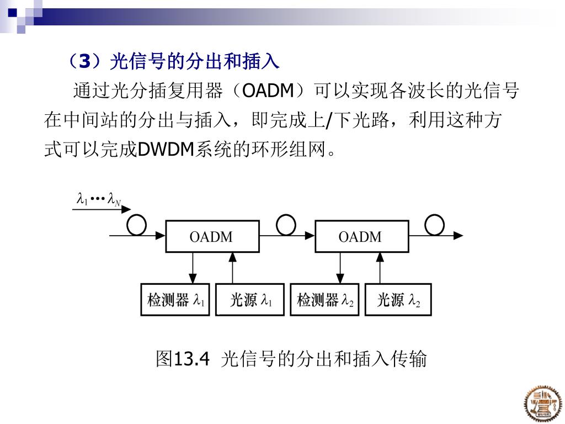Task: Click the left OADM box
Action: tap(212, 237)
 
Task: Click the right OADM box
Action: tap(361, 237)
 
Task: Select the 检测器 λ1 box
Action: tap(175, 300)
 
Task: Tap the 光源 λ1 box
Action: tap(250, 300)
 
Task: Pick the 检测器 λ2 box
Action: tap(324, 300)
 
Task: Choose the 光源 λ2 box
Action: tap(398, 300)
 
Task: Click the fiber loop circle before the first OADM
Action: tap(136, 225)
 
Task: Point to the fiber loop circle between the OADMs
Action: tap(286, 224)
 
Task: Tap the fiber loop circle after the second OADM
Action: tap(434, 224)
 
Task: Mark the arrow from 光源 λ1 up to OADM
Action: tap(232, 268)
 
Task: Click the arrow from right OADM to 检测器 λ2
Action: tap(341, 268)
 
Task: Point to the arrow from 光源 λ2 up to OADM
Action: tap(380, 268)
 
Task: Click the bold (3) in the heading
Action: tap(84, 61)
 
